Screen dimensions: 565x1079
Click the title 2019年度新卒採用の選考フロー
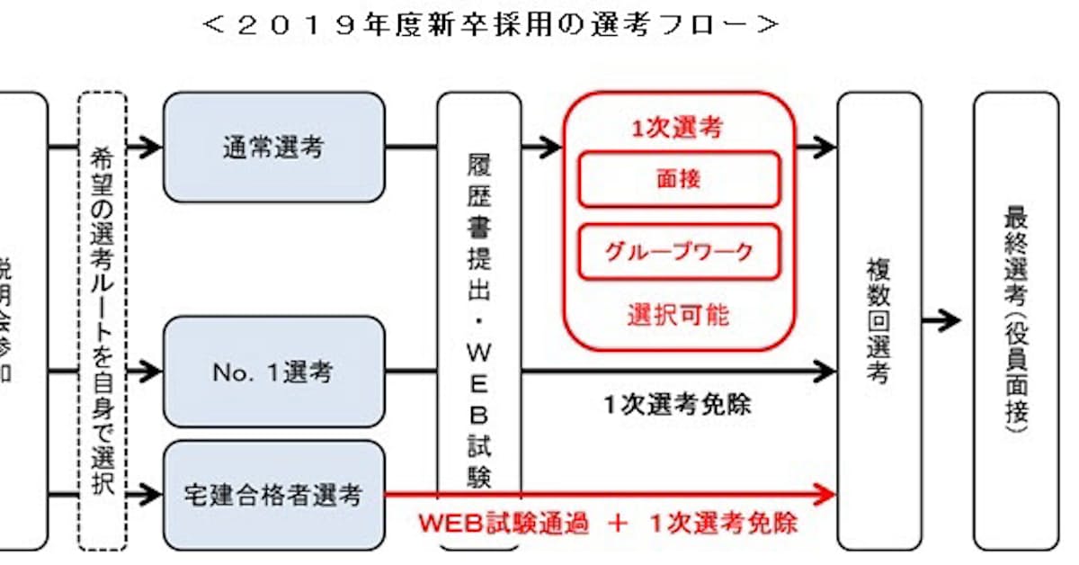coord(490,25)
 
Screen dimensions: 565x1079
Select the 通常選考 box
coord(273,148)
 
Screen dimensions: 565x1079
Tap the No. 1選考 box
coord(273,371)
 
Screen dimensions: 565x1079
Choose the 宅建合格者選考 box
coord(273,494)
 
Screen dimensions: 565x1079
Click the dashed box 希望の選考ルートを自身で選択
coord(103,320)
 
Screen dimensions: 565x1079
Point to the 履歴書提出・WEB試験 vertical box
coord(479,320)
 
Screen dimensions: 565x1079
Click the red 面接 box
coord(679,179)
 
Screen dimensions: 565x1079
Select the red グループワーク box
coord(679,251)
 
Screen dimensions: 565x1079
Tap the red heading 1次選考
coord(679,129)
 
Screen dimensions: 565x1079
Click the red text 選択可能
coord(679,315)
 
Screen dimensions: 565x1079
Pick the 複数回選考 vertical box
coord(878,320)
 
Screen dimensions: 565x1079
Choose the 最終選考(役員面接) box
coord(1016,320)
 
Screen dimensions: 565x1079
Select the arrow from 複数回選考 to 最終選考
coord(941,320)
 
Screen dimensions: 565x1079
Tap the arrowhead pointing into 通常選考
coord(150,148)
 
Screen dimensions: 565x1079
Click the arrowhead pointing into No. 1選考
coord(150,370)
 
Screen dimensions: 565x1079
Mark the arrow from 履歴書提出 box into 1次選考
coord(542,148)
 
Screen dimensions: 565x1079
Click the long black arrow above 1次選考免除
coord(679,370)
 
